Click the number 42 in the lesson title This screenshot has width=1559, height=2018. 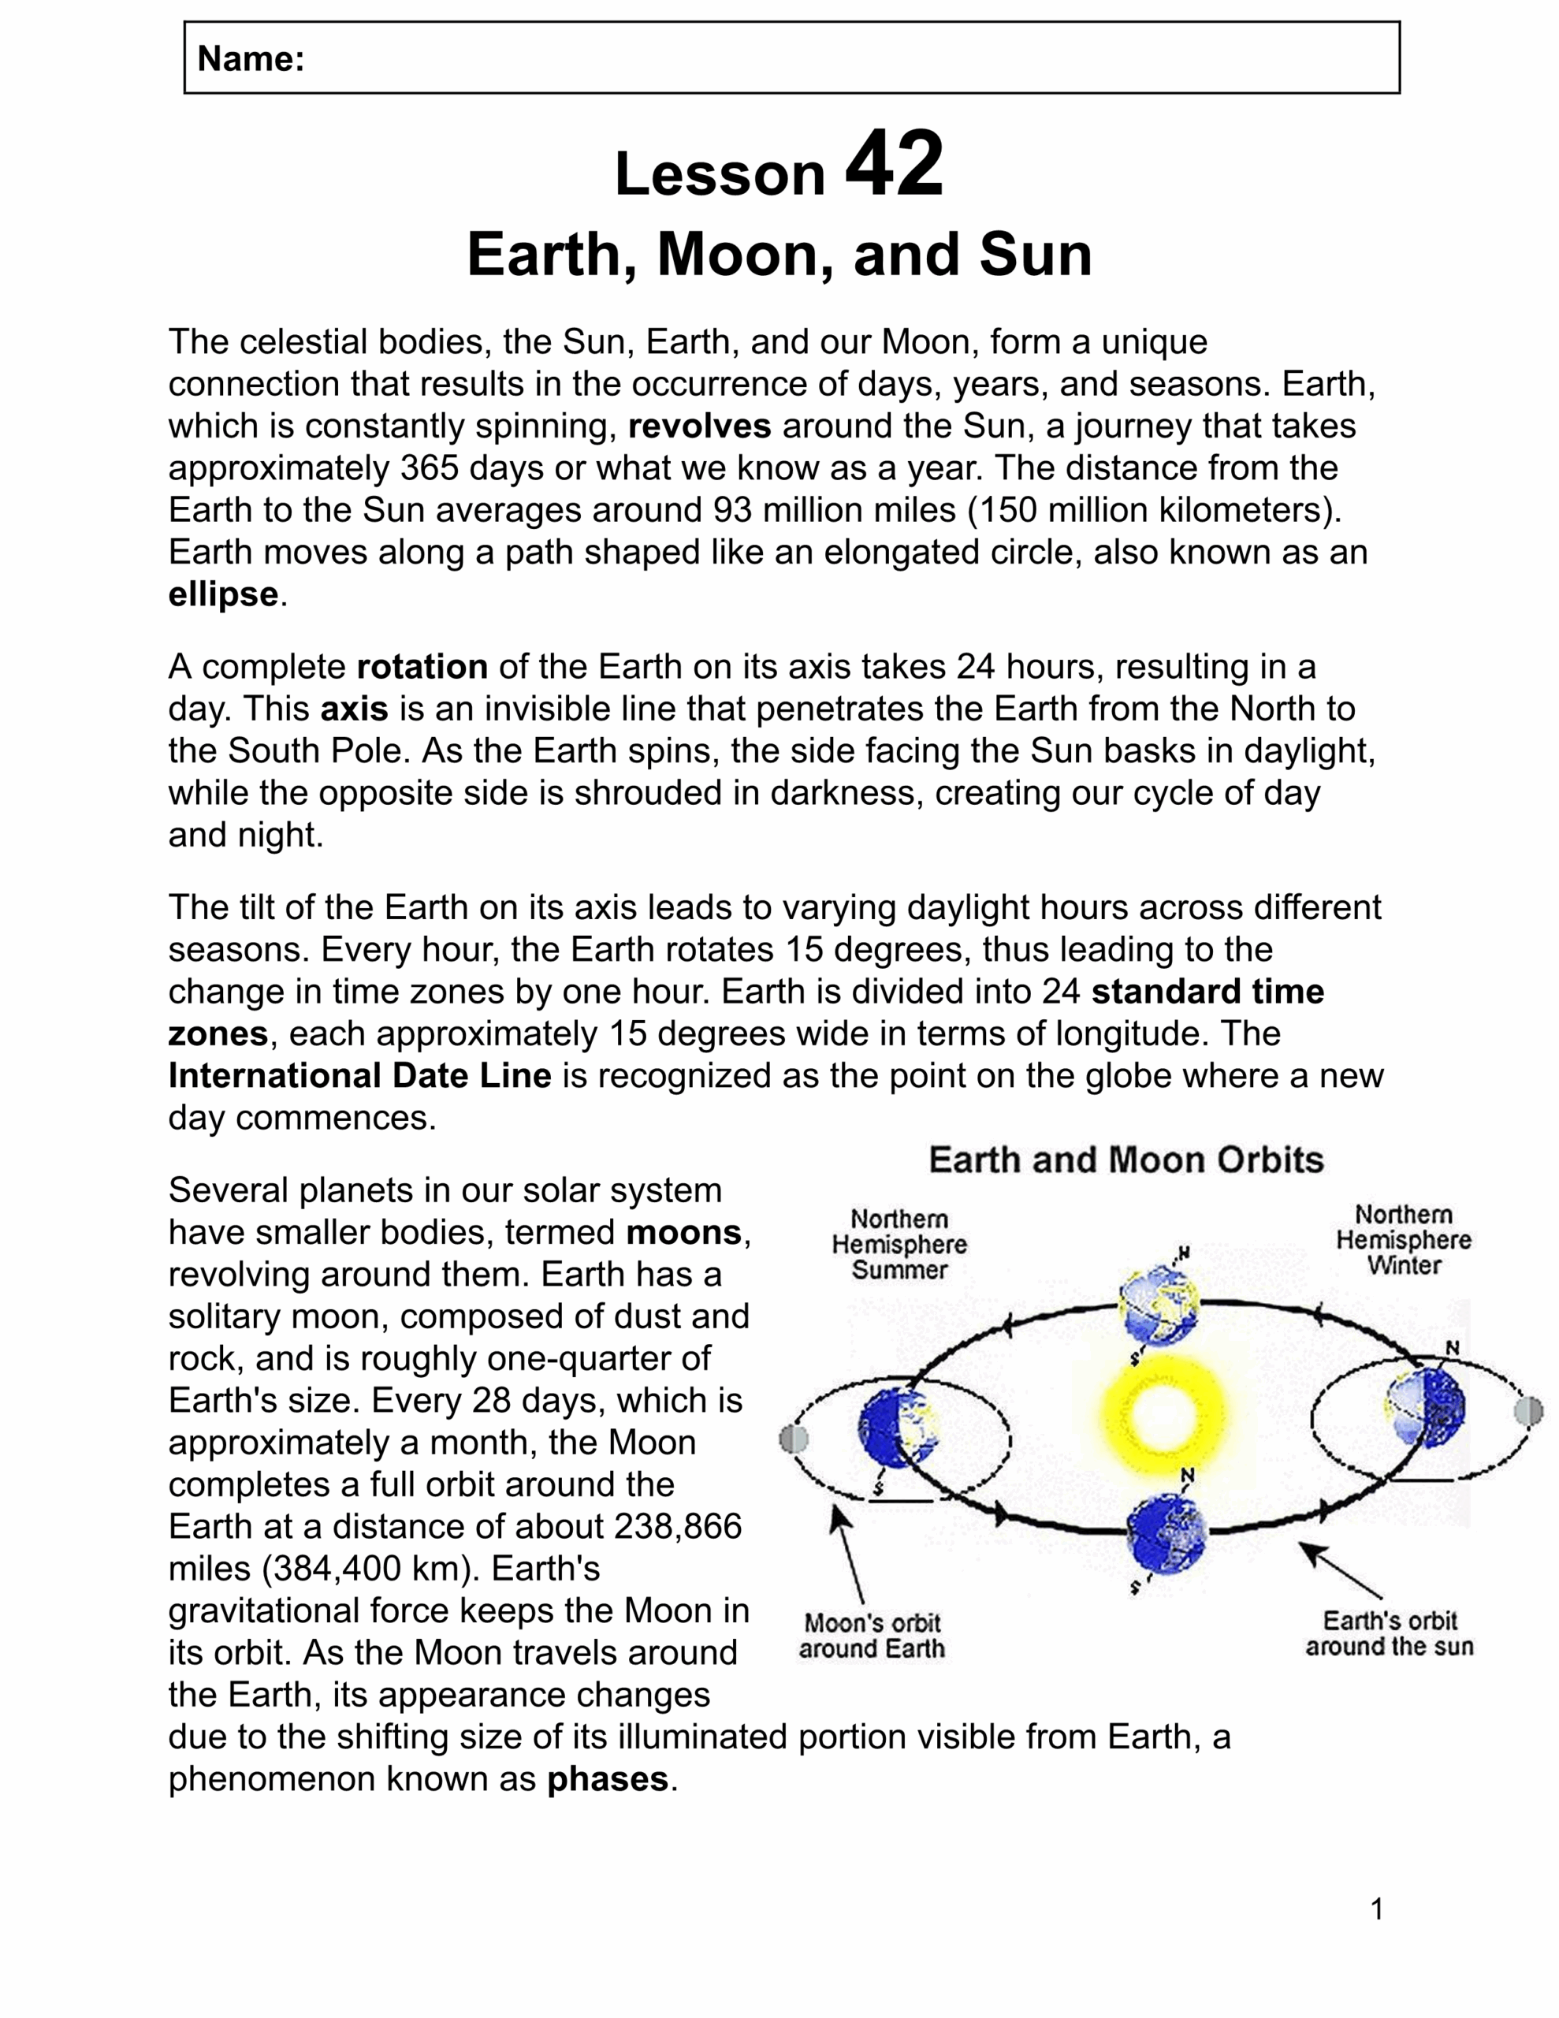tap(894, 165)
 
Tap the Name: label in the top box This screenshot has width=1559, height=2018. tap(251, 59)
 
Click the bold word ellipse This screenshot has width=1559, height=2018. tap(223, 594)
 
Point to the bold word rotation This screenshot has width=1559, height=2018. tap(422, 666)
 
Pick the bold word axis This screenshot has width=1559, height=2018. tap(354, 709)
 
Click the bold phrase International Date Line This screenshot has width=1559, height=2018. tap(359, 1075)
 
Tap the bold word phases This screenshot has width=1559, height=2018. tap(607, 1778)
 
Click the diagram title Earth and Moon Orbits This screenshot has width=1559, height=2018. tap(1126, 1160)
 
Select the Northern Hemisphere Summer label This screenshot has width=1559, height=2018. tap(899, 1245)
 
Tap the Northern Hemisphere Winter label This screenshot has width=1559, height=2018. tap(1403, 1240)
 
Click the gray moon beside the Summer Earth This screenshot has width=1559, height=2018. tap(794, 1439)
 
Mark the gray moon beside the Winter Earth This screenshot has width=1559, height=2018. tap(1528, 1411)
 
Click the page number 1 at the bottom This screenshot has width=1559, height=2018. tap(1377, 1909)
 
